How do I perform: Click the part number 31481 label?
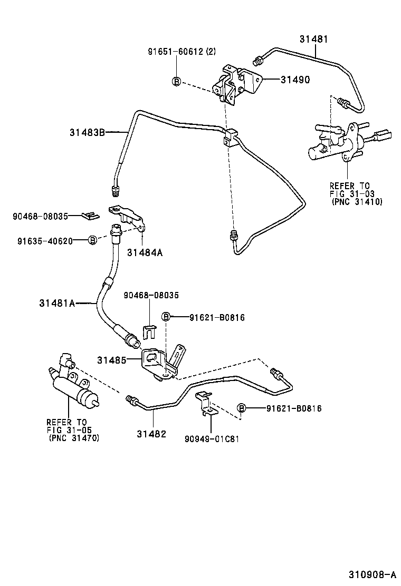pyautogui.click(x=313, y=39)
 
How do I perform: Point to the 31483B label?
pyautogui.click(x=87, y=132)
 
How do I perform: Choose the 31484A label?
pyautogui.click(x=144, y=252)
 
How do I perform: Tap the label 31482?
pyautogui.click(x=151, y=434)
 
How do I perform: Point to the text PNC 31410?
pyautogui.click(x=357, y=202)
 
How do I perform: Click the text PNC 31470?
pyautogui.click(x=73, y=437)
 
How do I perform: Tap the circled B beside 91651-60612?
pyautogui.click(x=176, y=81)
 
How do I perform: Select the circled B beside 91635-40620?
pyautogui.click(x=92, y=240)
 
